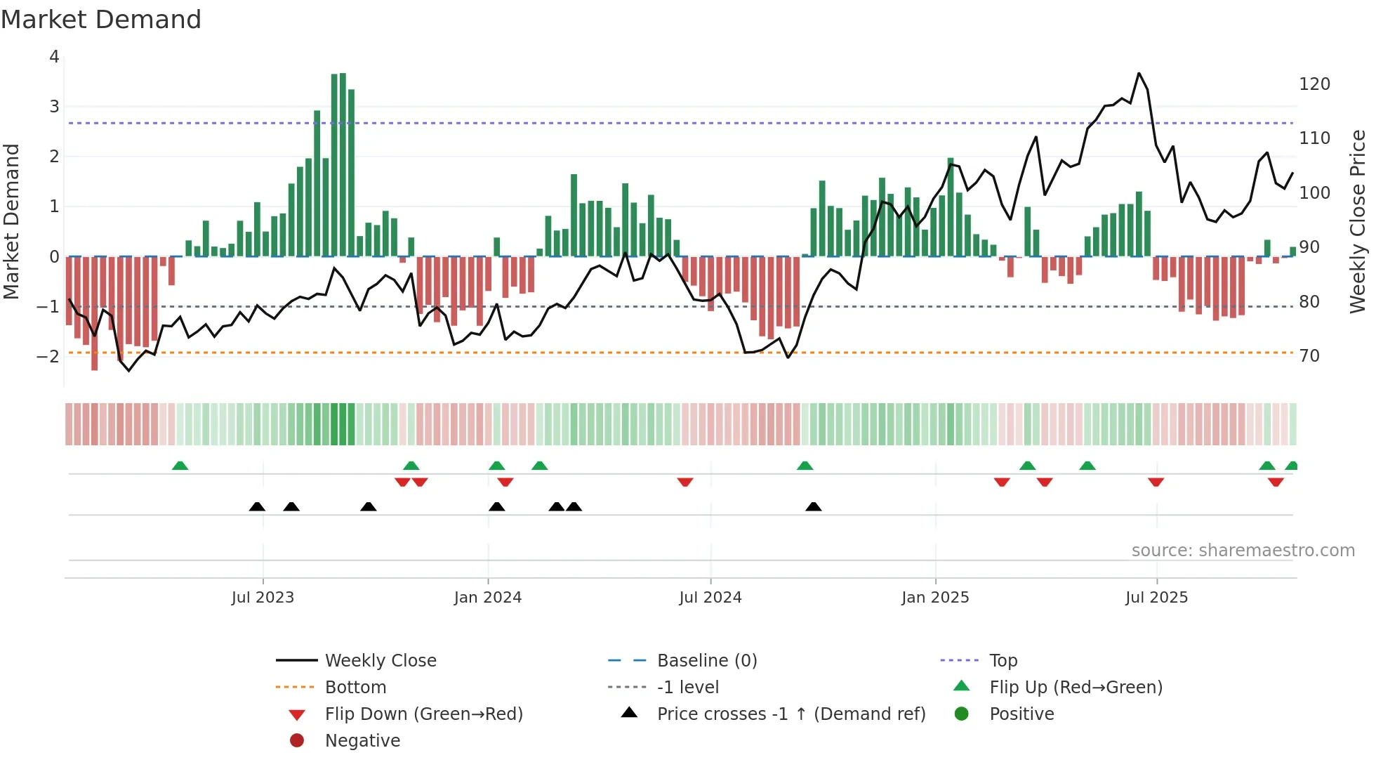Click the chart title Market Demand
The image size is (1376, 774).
tap(101, 20)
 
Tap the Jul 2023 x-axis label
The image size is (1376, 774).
tap(263, 598)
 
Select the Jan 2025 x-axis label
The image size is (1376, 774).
tap(935, 598)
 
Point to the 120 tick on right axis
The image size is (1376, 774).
tap(1314, 84)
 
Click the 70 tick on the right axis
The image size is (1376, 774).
tap(1309, 356)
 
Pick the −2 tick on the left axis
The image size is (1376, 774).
tap(48, 357)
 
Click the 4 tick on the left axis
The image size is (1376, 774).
tap(54, 57)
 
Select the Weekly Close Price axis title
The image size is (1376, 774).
tap(1358, 221)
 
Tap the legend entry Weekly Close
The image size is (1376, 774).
tap(380, 661)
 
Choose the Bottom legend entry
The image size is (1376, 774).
tap(355, 688)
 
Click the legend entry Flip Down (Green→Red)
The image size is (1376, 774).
tap(423, 714)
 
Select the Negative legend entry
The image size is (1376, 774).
tap(362, 741)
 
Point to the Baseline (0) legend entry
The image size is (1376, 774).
tap(706, 661)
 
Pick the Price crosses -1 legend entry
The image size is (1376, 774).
tap(790, 714)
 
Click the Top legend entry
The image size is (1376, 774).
tap(1003, 661)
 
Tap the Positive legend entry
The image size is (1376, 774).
tap(1021, 714)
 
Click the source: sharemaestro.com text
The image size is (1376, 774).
tap(1243, 551)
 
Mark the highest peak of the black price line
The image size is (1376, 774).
tap(1139, 73)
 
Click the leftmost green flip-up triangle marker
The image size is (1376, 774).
tap(180, 466)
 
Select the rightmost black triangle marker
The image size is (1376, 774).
tap(814, 506)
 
